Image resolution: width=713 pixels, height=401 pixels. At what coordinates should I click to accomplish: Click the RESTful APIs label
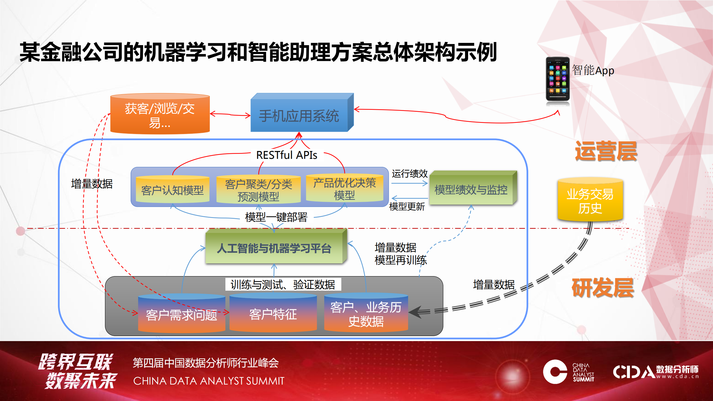pos(286,155)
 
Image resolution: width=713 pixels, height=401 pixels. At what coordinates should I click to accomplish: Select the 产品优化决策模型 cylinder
pos(344,189)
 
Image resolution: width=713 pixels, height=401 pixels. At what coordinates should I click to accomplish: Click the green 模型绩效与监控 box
pos(471,190)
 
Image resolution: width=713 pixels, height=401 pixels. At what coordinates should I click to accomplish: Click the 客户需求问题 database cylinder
pos(181,314)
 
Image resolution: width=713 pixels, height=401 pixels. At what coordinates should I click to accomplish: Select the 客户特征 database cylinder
pos(273,314)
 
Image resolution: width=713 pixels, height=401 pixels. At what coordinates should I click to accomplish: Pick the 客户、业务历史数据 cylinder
pos(366,314)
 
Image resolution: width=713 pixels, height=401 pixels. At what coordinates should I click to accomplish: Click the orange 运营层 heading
pos(606,151)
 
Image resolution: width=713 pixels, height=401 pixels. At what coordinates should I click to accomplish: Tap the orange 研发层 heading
pos(603,288)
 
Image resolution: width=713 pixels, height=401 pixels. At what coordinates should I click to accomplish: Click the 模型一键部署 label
pos(276,217)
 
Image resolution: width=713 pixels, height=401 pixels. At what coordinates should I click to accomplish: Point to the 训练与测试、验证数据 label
pos(283,285)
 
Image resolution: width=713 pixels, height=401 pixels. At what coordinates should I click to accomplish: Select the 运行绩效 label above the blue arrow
pos(409,174)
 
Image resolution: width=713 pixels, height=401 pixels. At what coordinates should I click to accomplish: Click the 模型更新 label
pos(407,206)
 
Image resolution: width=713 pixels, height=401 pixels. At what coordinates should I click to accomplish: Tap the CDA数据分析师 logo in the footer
pos(655,372)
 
